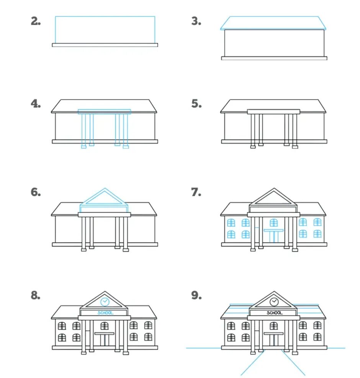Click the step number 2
pos(36,21)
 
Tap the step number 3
pos(196,21)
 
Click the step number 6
pos(36,192)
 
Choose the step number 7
pos(196,192)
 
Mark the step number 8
pos(36,296)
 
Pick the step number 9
pos(196,296)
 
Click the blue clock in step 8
pos(105,301)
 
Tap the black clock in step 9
pos(274,301)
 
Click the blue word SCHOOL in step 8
pos(105,313)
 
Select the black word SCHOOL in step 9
pos(274,313)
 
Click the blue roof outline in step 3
pos(273,23)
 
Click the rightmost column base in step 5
pos(295,146)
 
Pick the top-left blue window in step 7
pos(231,222)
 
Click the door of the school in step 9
pos(273,340)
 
